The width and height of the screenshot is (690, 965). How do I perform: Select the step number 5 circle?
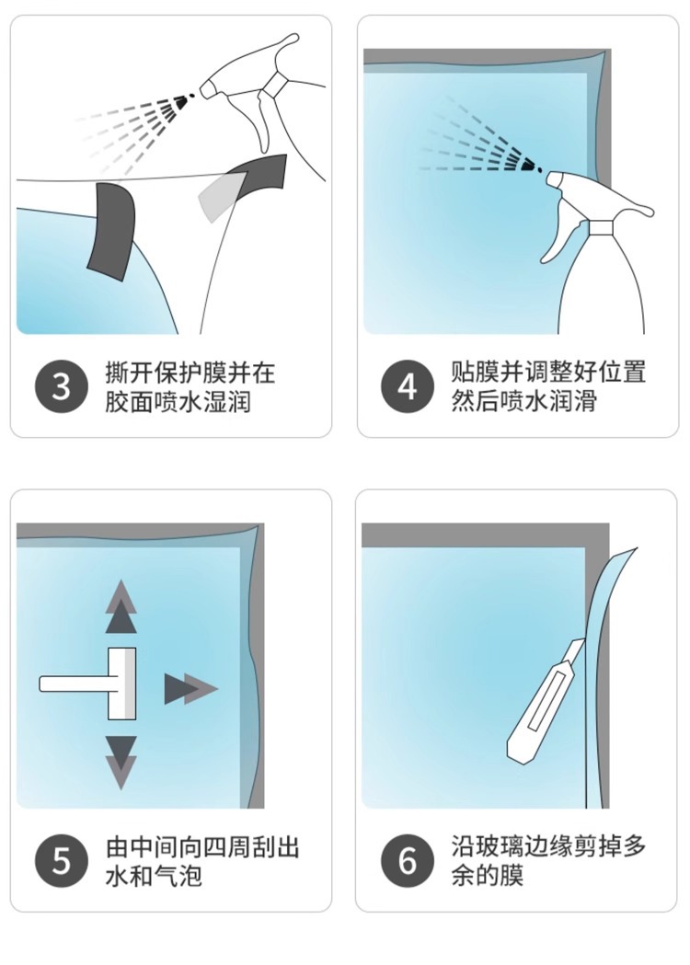click(62, 861)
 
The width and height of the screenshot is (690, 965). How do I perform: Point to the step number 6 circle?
click(407, 861)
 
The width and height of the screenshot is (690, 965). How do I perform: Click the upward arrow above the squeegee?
click(121, 606)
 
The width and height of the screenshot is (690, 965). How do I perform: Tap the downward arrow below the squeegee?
click(121, 763)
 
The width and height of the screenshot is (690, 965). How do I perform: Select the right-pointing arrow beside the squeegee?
click(190, 689)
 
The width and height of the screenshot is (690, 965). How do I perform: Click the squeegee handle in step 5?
click(74, 684)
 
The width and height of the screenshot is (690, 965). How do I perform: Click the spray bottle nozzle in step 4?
click(556, 179)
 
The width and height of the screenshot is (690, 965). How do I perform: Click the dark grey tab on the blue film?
click(112, 231)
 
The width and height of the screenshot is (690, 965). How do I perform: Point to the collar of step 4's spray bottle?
click(601, 228)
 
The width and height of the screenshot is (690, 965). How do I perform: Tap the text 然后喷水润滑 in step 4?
click(523, 401)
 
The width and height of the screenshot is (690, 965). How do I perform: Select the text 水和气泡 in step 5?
click(154, 875)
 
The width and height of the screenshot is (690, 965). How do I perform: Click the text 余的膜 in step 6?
click(487, 874)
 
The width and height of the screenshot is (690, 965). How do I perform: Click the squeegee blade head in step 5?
click(122, 684)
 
